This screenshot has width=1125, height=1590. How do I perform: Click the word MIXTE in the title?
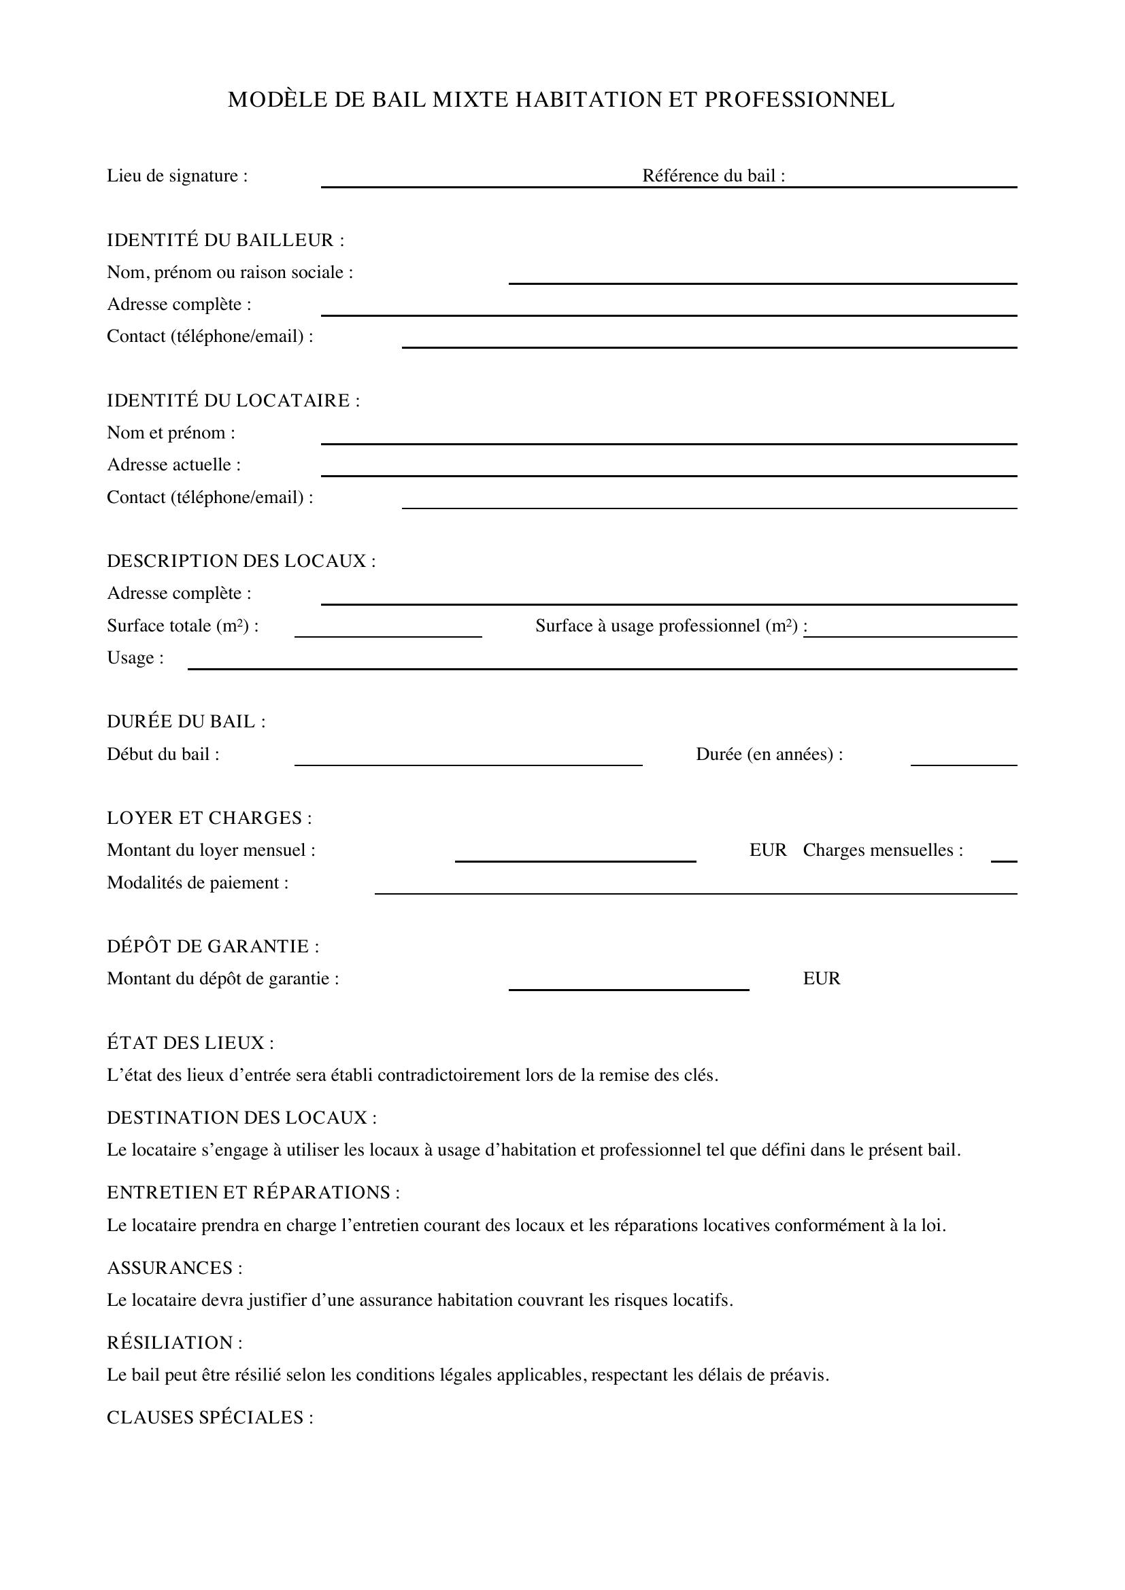(x=471, y=100)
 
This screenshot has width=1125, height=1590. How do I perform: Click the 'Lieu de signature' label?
(x=177, y=176)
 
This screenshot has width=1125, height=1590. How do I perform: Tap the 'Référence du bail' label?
(x=713, y=176)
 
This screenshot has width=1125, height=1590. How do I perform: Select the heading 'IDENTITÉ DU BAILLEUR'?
(x=225, y=240)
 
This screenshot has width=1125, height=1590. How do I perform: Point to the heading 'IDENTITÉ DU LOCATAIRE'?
(x=233, y=401)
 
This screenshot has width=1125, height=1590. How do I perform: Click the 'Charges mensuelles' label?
(x=883, y=850)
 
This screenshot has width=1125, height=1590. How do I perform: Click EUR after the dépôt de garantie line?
(x=822, y=978)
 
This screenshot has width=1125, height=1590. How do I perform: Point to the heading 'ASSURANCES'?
(x=175, y=1268)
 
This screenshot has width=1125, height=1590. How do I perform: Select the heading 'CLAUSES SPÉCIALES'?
(x=210, y=1417)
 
